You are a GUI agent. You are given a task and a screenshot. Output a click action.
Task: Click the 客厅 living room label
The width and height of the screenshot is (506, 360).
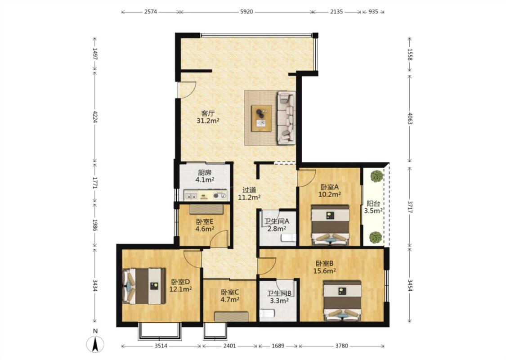(x=208, y=113)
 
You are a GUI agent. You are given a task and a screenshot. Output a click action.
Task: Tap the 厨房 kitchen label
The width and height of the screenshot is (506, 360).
(x=205, y=172)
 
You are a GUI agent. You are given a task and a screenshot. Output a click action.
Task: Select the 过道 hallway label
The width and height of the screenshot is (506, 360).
(x=249, y=190)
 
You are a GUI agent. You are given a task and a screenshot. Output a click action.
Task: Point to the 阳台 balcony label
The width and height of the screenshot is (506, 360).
(x=373, y=204)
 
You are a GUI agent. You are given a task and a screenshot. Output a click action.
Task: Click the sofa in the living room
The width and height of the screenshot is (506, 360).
(x=287, y=117)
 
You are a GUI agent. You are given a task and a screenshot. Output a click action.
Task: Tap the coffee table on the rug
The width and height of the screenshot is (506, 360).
(x=261, y=118)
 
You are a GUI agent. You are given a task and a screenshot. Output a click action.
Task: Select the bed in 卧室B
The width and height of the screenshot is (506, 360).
(x=342, y=301)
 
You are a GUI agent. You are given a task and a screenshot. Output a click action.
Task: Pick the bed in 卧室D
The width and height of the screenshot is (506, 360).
(x=144, y=286)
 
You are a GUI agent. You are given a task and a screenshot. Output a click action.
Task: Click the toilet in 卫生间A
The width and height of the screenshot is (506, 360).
(x=289, y=238)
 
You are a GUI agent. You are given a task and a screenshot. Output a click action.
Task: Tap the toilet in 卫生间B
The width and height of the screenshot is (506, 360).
(x=267, y=313)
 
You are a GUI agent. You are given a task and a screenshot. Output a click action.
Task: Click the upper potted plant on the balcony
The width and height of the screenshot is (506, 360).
(x=376, y=176)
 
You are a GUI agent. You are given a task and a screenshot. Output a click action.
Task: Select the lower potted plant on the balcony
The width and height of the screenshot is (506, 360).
(x=376, y=237)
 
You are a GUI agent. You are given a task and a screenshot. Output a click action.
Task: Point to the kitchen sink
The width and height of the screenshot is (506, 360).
(x=191, y=195)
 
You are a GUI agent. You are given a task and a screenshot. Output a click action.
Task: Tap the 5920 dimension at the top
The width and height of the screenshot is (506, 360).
(x=246, y=12)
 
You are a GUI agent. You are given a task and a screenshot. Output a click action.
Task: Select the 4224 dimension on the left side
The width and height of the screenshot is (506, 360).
(x=95, y=117)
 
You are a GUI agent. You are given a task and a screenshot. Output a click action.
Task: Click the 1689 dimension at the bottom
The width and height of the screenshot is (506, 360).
(x=278, y=346)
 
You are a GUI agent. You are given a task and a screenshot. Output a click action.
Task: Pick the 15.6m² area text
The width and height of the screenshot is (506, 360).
(x=324, y=271)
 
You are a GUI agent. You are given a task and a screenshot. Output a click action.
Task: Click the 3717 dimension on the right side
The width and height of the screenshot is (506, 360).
(x=410, y=207)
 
